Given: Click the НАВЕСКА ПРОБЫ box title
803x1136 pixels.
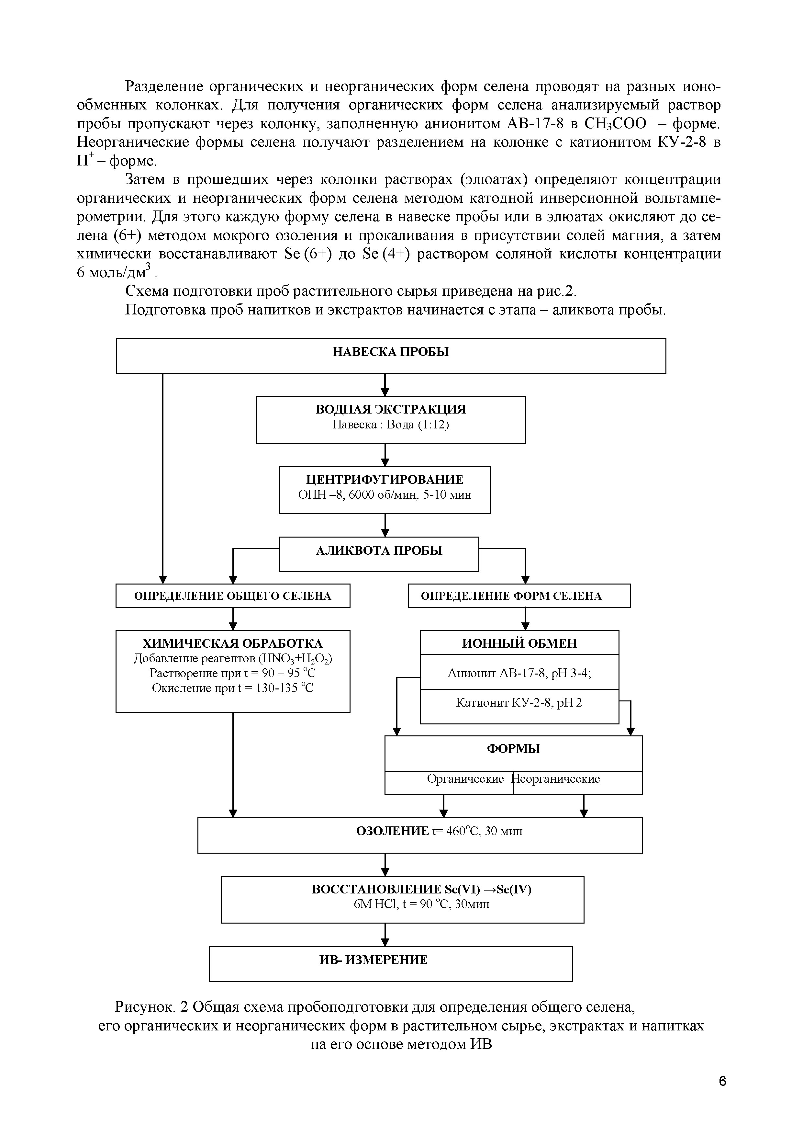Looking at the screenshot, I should (391, 352).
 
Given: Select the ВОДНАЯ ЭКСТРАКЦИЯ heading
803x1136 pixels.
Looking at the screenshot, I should (391, 409).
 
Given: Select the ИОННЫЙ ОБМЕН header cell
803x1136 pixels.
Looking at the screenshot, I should (519, 643).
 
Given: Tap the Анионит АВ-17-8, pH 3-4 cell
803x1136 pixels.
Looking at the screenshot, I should (519, 673).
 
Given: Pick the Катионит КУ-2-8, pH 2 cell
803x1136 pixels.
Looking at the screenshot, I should (519, 703).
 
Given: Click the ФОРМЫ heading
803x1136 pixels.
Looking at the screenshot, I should (513, 749).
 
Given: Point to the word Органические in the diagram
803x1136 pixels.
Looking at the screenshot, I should (465, 779).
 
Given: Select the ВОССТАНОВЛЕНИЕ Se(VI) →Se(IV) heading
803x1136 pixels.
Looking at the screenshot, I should (421, 889).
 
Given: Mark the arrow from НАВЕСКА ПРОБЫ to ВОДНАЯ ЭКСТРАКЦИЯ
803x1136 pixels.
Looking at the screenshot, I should (385, 385).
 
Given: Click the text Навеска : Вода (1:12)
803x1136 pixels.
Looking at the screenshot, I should (391, 425).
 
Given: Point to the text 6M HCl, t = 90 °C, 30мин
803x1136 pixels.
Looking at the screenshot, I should (421, 904).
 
